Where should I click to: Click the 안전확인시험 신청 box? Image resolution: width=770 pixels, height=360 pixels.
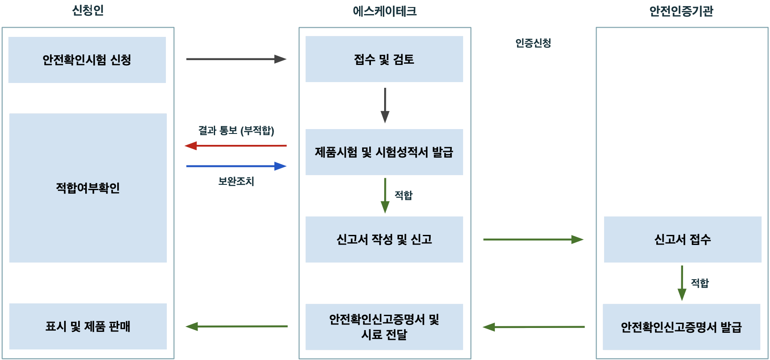point(87,60)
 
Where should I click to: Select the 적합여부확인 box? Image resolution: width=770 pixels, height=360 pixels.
point(88,188)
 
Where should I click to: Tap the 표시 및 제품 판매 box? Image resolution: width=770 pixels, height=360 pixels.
point(88,326)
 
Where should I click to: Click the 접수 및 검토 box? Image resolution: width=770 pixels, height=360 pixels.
point(384,59)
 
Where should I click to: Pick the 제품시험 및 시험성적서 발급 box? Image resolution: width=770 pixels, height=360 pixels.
point(384,152)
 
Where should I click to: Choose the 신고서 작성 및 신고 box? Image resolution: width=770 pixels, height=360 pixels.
point(384,239)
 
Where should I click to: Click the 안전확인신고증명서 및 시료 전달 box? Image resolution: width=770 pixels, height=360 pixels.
point(384,327)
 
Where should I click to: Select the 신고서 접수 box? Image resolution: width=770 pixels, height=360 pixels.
point(682,239)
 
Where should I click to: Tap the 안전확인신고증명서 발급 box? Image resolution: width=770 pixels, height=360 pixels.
point(681,327)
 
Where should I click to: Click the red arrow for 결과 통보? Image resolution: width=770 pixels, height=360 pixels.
point(236,145)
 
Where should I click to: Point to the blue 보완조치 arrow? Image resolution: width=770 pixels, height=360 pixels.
point(236,166)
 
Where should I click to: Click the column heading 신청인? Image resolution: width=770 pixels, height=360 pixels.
point(88,11)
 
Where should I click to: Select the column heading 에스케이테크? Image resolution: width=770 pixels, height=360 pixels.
point(385,11)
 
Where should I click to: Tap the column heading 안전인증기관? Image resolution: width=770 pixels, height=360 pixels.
point(681,11)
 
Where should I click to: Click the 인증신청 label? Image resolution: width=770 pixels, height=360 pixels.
point(533,43)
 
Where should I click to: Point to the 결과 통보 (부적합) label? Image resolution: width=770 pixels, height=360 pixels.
point(236,130)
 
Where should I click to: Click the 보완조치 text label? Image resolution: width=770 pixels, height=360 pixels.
point(236,181)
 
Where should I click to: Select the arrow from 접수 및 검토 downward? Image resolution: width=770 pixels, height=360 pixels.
point(385,105)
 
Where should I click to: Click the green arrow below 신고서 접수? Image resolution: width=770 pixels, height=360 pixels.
point(682,283)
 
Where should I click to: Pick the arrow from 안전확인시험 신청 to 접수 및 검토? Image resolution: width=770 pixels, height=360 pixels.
point(236,59)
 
